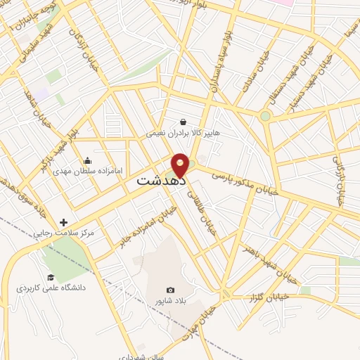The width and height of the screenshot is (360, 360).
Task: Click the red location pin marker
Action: (x=181, y=165)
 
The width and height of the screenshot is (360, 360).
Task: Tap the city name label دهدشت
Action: (x=161, y=181)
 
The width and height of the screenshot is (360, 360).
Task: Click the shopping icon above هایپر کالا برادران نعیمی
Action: (x=183, y=122)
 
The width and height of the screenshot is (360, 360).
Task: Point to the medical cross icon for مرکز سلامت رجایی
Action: (x=64, y=221)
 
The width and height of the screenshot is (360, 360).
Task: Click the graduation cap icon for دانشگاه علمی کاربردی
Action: (x=50, y=277)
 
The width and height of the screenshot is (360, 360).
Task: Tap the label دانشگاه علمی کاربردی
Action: (x=51, y=288)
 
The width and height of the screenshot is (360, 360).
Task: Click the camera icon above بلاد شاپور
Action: (x=170, y=290)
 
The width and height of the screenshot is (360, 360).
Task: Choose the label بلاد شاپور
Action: (x=170, y=300)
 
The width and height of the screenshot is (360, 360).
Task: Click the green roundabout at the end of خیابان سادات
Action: (x=265, y=116)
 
